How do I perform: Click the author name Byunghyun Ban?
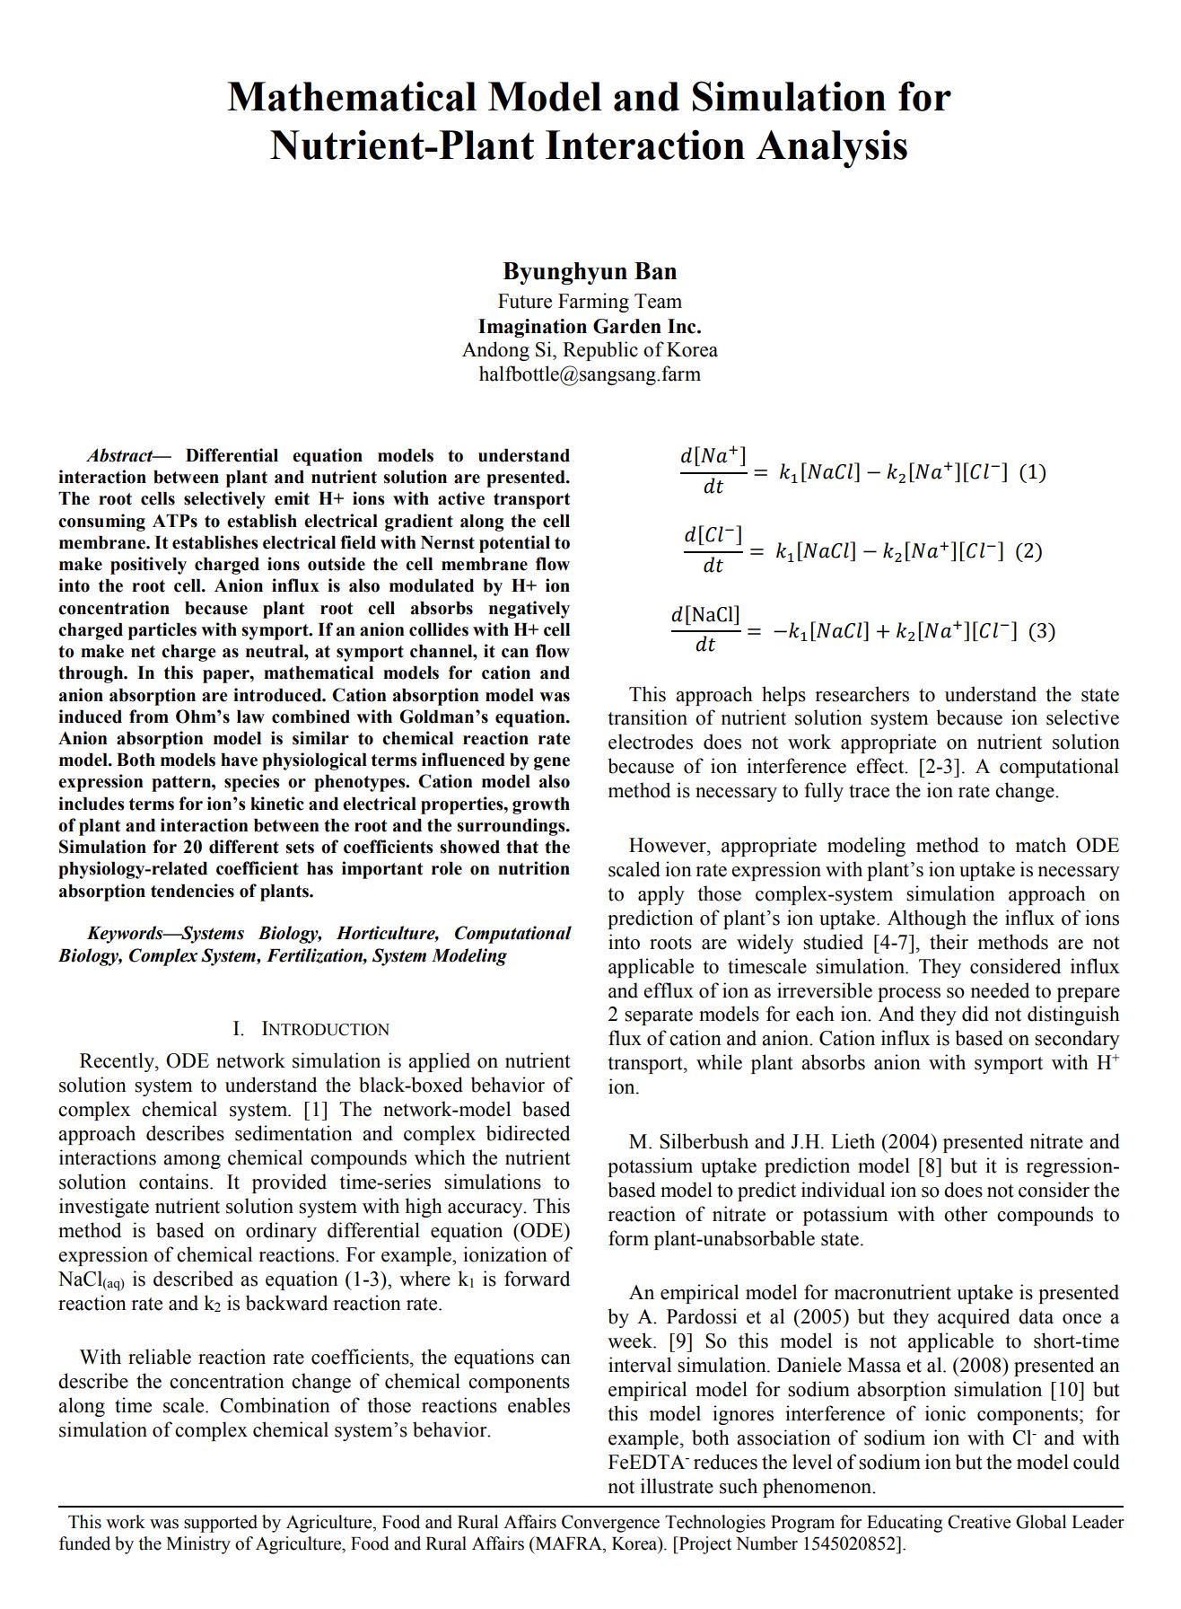[x=590, y=271]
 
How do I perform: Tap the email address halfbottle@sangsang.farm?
[x=590, y=374]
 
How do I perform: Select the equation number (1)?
[x=1032, y=472]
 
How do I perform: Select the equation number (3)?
[x=1041, y=631]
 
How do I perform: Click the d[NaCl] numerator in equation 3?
[x=705, y=615]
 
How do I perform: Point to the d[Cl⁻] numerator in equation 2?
[x=713, y=535]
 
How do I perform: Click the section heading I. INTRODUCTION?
[x=311, y=1029]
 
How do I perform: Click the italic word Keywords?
[x=125, y=934]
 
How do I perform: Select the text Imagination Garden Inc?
[x=590, y=326]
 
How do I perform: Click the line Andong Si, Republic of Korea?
[x=590, y=350]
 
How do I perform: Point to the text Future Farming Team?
[x=590, y=302]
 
